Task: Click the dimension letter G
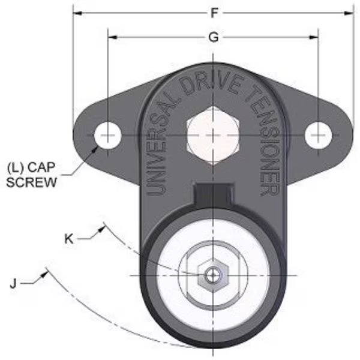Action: coord(212,37)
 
